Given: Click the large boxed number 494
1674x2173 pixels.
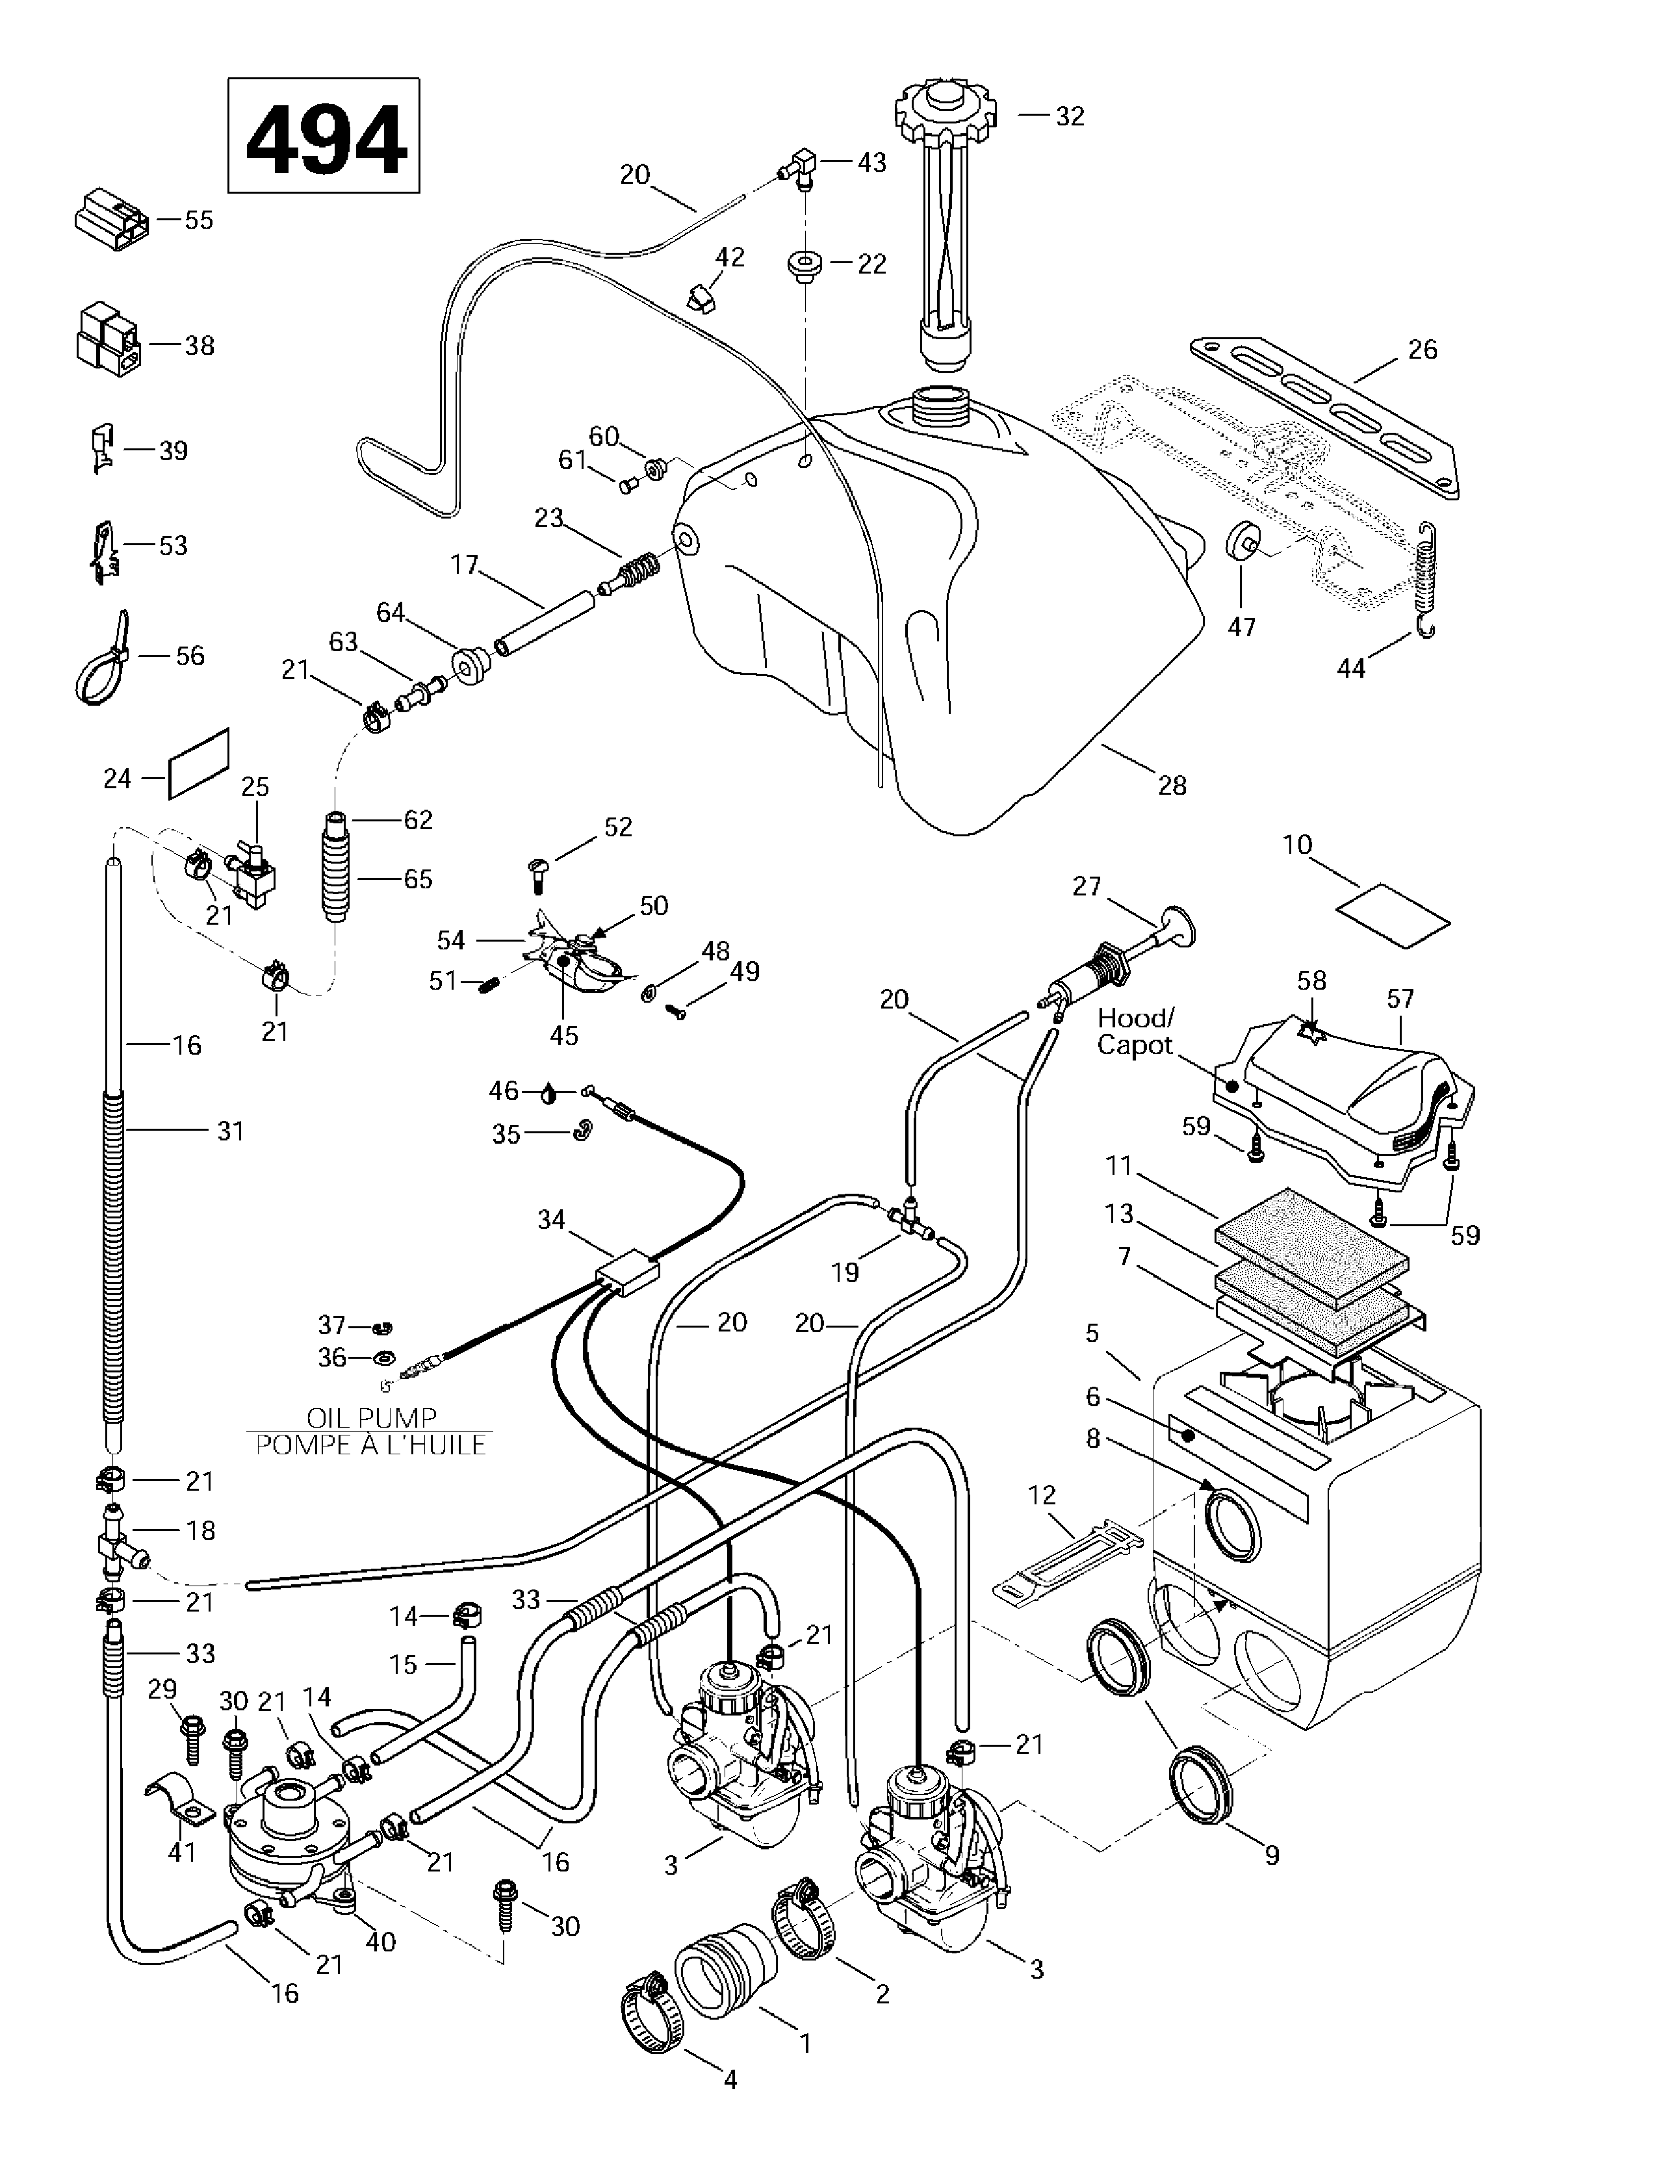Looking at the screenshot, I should click(324, 136).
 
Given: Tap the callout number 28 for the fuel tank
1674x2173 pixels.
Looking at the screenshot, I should click(1172, 786).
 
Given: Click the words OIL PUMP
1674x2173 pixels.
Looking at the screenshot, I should click(371, 1417).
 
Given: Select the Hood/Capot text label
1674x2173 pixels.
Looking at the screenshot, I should click(1135, 1032).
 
